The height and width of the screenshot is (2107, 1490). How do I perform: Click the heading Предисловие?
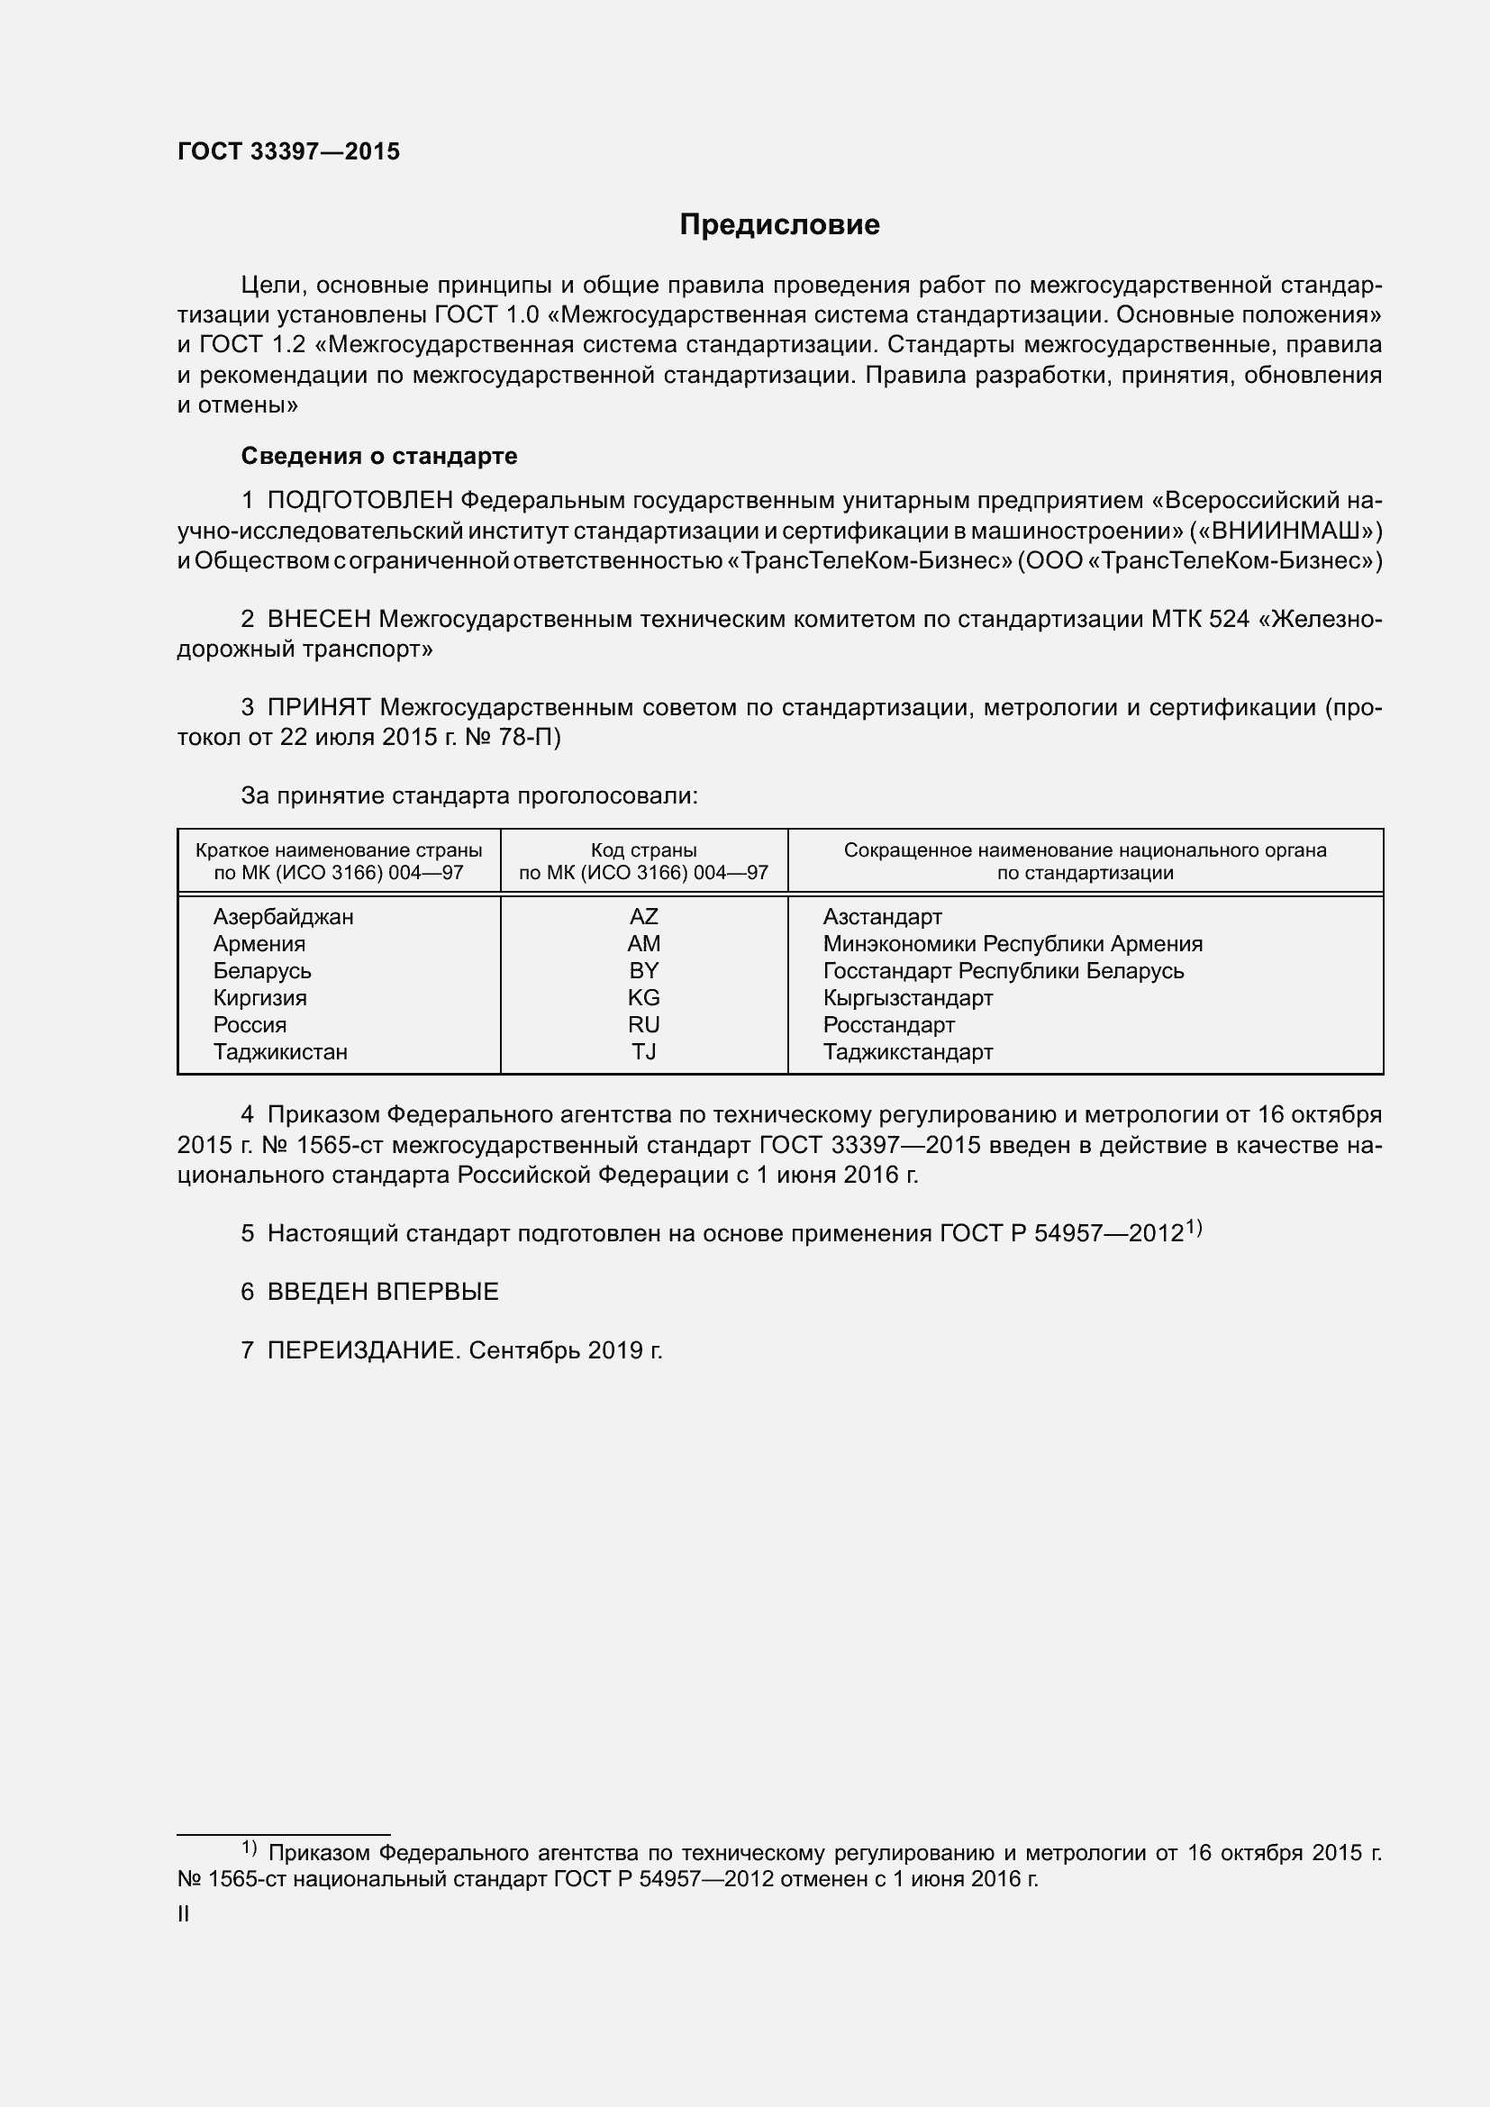click(x=779, y=225)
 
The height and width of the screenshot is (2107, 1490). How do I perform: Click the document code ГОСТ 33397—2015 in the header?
click(x=289, y=151)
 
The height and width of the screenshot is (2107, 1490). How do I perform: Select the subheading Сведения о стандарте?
click(x=379, y=456)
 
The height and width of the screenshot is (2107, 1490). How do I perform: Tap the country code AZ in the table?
click(x=643, y=917)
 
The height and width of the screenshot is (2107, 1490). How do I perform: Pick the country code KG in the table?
click(x=643, y=997)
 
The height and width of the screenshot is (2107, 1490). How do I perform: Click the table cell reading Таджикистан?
click(x=280, y=1051)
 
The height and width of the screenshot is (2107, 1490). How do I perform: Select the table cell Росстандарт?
click(x=888, y=1025)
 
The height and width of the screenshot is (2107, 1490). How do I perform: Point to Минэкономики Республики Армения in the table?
click(x=1012, y=943)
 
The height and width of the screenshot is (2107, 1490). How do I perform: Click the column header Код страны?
click(x=643, y=850)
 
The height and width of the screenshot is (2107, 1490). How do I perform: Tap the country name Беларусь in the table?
click(x=262, y=971)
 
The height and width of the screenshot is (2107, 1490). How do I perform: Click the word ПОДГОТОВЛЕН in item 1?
click(x=359, y=500)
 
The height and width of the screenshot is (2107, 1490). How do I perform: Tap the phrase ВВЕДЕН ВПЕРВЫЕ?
click(x=383, y=1292)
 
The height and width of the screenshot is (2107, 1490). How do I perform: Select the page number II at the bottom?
click(x=184, y=1914)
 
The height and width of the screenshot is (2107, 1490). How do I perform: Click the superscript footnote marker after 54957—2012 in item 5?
click(x=1193, y=1227)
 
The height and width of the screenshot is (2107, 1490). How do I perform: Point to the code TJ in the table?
click(x=643, y=1051)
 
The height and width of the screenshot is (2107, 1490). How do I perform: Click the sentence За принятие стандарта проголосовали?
click(x=468, y=795)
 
